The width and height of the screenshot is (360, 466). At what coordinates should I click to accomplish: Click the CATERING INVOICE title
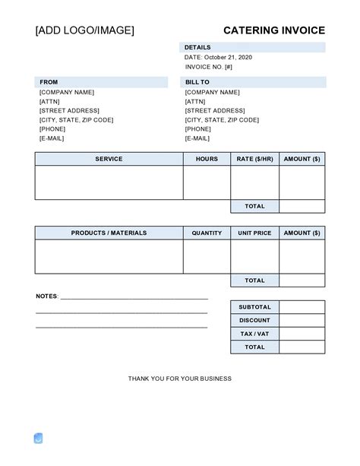click(273, 30)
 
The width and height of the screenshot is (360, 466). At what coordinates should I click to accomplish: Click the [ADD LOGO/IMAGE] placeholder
click(84, 30)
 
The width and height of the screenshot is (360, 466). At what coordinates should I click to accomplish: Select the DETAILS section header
click(197, 47)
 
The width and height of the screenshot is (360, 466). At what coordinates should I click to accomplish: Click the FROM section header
click(49, 82)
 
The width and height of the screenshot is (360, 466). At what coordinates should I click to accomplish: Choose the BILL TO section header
click(197, 82)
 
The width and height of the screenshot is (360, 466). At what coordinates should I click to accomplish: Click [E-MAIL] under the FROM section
click(52, 138)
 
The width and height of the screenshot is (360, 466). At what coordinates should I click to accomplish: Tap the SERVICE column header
click(109, 159)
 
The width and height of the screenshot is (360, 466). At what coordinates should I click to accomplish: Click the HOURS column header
click(207, 159)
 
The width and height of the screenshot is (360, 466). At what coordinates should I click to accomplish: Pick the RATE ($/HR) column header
click(254, 159)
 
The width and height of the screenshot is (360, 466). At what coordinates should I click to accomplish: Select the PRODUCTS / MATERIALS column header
click(109, 233)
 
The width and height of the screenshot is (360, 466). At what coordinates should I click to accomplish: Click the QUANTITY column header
click(207, 233)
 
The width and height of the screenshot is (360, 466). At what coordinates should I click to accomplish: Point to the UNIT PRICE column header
click(254, 233)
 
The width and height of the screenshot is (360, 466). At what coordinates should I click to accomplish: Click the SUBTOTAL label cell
click(254, 307)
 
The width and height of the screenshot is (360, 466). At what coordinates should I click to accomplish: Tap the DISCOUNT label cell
click(254, 321)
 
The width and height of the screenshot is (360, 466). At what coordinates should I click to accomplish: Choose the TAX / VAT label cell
click(254, 334)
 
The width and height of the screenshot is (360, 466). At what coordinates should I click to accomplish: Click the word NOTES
click(46, 296)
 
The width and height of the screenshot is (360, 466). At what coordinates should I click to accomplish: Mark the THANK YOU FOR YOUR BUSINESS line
click(180, 379)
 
